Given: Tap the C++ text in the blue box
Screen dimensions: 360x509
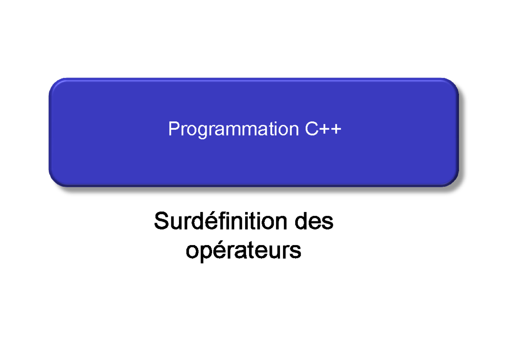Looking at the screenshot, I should click(323, 129).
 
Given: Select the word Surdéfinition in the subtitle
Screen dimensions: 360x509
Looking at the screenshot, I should click(224, 221).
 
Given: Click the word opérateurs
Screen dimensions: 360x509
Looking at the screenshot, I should click(243, 250).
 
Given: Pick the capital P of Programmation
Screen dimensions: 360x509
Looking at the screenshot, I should click(173, 129).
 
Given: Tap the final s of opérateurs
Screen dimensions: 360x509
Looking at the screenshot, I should click(296, 251).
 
